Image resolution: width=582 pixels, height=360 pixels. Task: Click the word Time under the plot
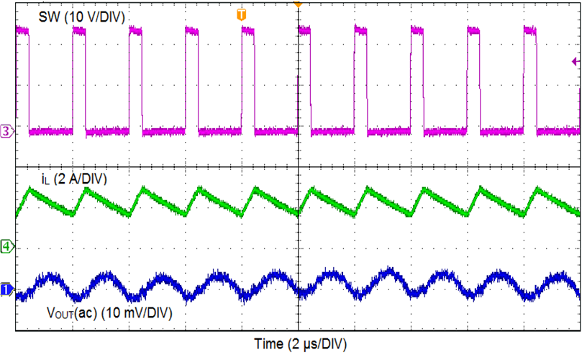click(x=268, y=344)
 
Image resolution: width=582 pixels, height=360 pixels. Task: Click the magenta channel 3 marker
click(x=6, y=131)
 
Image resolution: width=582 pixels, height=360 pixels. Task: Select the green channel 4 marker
click(x=6, y=247)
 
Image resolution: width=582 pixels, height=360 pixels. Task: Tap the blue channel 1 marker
click(x=6, y=289)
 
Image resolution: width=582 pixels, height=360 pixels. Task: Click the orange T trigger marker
click(x=241, y=14)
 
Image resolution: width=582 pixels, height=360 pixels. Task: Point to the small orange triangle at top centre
click(x=297, y=4)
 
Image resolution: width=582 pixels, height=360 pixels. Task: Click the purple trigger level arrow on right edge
click(x=575, y=63)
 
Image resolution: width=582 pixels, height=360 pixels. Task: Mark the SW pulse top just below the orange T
click(x=249, y=32)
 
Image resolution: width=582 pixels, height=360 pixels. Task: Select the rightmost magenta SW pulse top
click(x=531, y=32)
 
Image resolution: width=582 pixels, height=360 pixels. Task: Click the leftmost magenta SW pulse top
click(x=22, y=31)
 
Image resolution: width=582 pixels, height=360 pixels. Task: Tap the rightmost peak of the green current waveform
click(x=536, y=188)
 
